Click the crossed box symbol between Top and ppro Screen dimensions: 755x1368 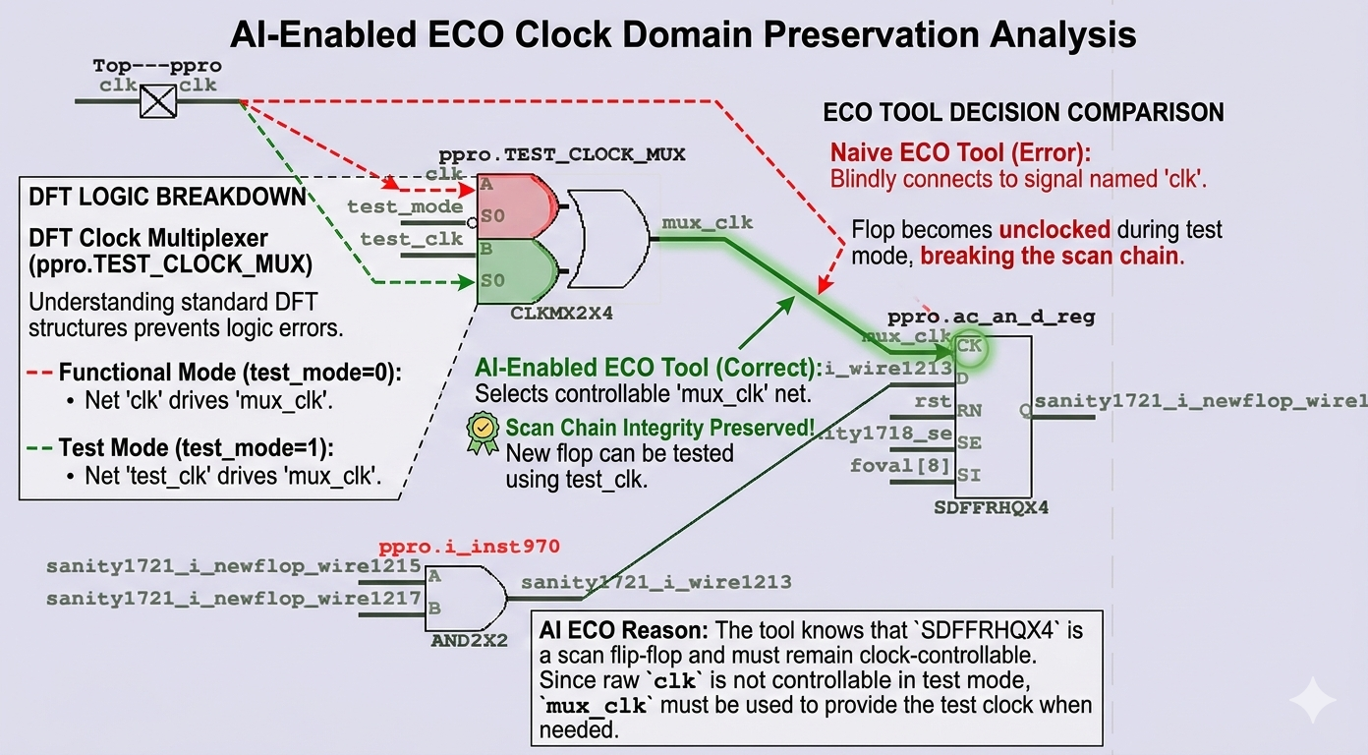click(157, 101)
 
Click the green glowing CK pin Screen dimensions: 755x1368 click(968, 346)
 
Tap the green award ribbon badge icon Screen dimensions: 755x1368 click(483, 434)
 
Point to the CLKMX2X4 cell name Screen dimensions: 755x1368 click(556, 314)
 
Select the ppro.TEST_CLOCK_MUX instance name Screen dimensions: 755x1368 click(561, 155)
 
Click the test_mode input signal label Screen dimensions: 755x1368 click(404, 206)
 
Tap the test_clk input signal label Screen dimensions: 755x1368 click(411, 239)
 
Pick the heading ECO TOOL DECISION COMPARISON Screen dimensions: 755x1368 click(1023, 112)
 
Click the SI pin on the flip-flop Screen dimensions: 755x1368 click(968, 475)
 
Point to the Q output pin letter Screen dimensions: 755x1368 click(1025, 411)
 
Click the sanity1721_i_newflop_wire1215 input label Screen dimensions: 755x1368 click(234, 567)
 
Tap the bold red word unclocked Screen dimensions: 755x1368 click(1054, 231)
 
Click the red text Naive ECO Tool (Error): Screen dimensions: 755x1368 click(960, 154)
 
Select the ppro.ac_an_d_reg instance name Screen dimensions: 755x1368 click(991, 318)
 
